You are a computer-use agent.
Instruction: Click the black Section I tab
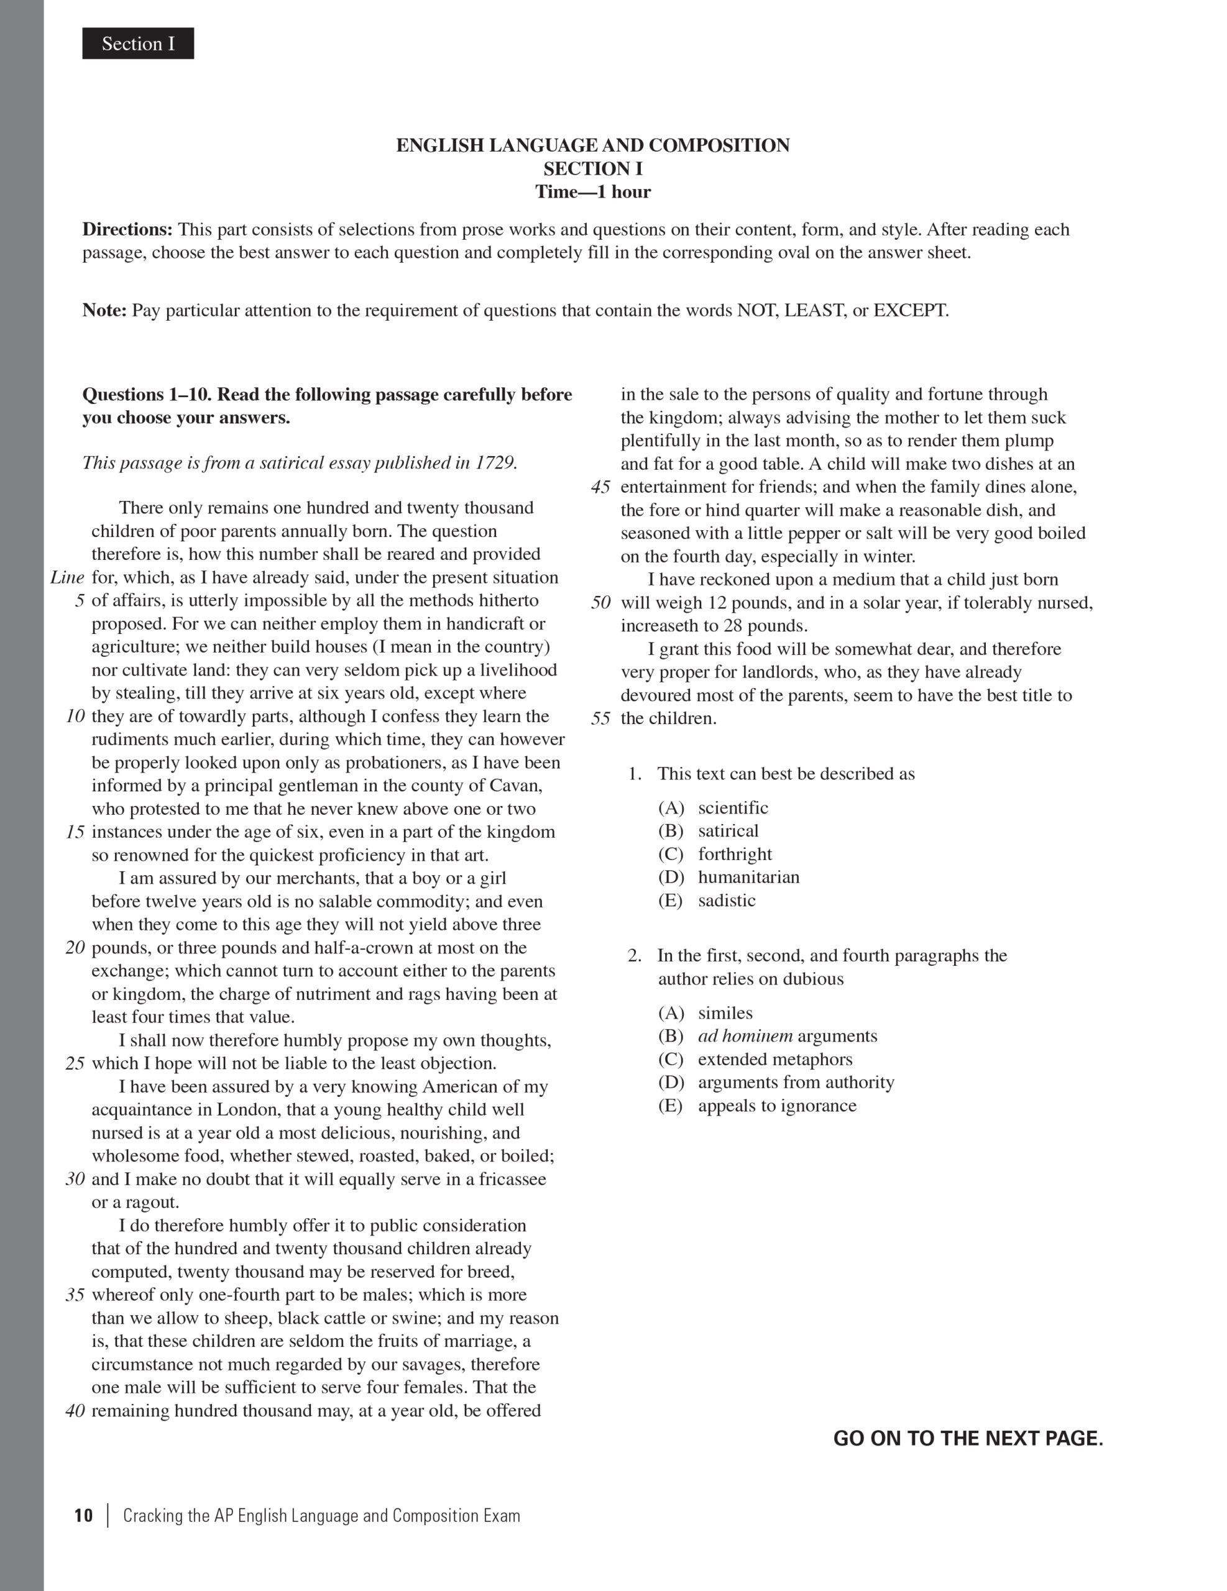click(x=138, y=44)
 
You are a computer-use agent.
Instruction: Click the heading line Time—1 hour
click(x=592, y=191)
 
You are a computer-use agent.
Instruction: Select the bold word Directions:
click(x=127, y=229)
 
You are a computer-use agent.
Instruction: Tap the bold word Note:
click(x=104, y=310)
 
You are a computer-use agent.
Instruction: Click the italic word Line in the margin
click(x=67, y=578)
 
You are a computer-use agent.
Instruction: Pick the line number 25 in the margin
click(x=75, y=1063)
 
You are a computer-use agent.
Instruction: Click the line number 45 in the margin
click(x=600, y=487)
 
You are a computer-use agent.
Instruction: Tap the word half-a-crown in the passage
click(x=369, y=948)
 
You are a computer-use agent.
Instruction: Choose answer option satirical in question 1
click(x=728, y=831)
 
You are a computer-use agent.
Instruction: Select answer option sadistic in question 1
click(x=727, y=901)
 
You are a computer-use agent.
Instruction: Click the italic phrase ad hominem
click(x=745, y=1036)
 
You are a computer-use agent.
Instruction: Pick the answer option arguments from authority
click(x=796, y=1083)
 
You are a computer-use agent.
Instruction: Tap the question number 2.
click(x=635, y=956)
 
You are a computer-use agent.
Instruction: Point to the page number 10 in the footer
click(x=84, y=1516)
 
